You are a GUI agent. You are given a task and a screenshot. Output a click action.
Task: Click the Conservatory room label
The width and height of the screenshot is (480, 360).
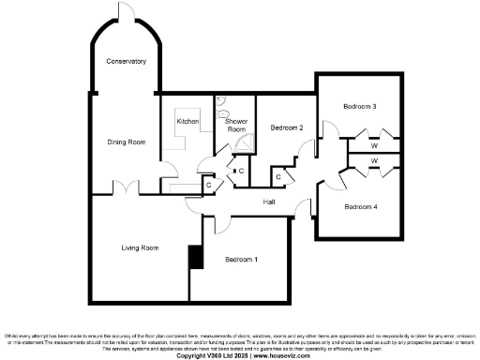coord(126,61)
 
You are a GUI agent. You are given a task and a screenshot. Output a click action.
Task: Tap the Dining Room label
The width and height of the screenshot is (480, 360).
coord(125,142)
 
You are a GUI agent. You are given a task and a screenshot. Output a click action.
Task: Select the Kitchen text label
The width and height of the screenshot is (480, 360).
coord(188,122)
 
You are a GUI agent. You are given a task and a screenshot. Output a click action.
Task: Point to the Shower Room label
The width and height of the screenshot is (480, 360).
coord(236,125)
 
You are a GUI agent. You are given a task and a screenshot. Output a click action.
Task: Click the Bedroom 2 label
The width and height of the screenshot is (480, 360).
coord(287,127)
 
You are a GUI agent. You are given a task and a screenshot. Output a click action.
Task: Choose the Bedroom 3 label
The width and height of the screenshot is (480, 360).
coord(359,107)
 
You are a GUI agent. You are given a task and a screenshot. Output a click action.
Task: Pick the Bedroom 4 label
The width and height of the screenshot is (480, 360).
coord(360,206)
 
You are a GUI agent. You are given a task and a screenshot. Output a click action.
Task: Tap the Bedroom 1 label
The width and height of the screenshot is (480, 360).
coord(241,258)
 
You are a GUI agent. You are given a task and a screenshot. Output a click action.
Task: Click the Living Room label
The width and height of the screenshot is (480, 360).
coord(140,247)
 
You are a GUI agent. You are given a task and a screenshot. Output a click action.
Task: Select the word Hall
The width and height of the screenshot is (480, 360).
coord(269,202)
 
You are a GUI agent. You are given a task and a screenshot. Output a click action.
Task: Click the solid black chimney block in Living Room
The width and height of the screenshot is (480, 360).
coord(195,257)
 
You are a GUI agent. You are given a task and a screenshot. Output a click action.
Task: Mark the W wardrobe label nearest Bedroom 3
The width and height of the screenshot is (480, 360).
coord(374,145)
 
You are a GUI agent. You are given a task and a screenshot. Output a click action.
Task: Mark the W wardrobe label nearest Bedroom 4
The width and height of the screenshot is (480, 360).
coord(374,162)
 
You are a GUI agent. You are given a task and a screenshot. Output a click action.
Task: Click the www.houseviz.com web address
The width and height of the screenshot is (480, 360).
coord(279,355)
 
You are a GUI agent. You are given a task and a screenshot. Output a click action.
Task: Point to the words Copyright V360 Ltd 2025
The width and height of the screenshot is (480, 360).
coord(214,355)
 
